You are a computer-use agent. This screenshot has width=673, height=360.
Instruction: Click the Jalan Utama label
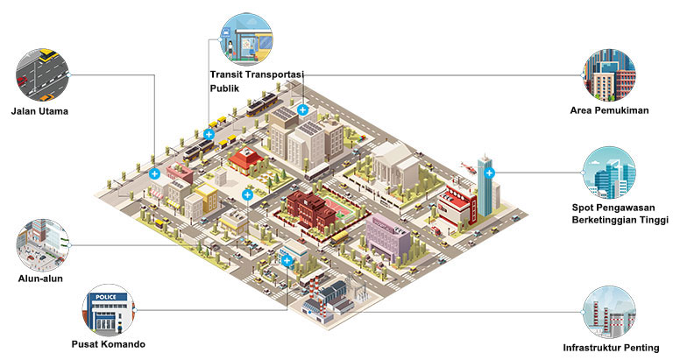pos(39,111)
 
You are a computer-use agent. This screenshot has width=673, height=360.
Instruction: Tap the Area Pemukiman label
pos(609,110)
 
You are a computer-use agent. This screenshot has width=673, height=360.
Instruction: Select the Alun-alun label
pos(40,279)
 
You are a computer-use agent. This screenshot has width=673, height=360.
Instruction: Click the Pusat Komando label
pos(108,344)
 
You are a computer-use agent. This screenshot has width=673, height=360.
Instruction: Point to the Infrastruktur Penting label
pos(611,348)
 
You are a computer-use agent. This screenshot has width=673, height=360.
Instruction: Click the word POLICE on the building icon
pos(105,297)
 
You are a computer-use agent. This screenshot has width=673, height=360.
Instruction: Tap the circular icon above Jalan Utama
pos(42,74)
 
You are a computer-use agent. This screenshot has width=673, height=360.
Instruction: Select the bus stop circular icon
pos(246,39)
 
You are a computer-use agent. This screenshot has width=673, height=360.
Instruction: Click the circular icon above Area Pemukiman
pos(609,75)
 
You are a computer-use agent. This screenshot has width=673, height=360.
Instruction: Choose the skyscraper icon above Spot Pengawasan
pos(609,173)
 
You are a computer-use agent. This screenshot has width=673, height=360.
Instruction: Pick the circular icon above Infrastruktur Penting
pos(610,313)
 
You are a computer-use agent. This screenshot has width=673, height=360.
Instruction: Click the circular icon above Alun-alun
pos(42,245)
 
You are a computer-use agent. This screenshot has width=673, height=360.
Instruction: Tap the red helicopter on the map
pos(468,167)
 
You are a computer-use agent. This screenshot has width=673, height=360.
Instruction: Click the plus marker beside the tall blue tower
pos(489,173)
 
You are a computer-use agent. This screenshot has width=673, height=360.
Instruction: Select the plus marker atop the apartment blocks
pos(302,109)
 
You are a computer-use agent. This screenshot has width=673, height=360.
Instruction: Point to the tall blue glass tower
pos(485,186)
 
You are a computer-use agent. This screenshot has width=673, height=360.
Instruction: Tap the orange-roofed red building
pos(246,160)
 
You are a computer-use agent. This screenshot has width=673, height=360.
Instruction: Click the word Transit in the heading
pos(226,74)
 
